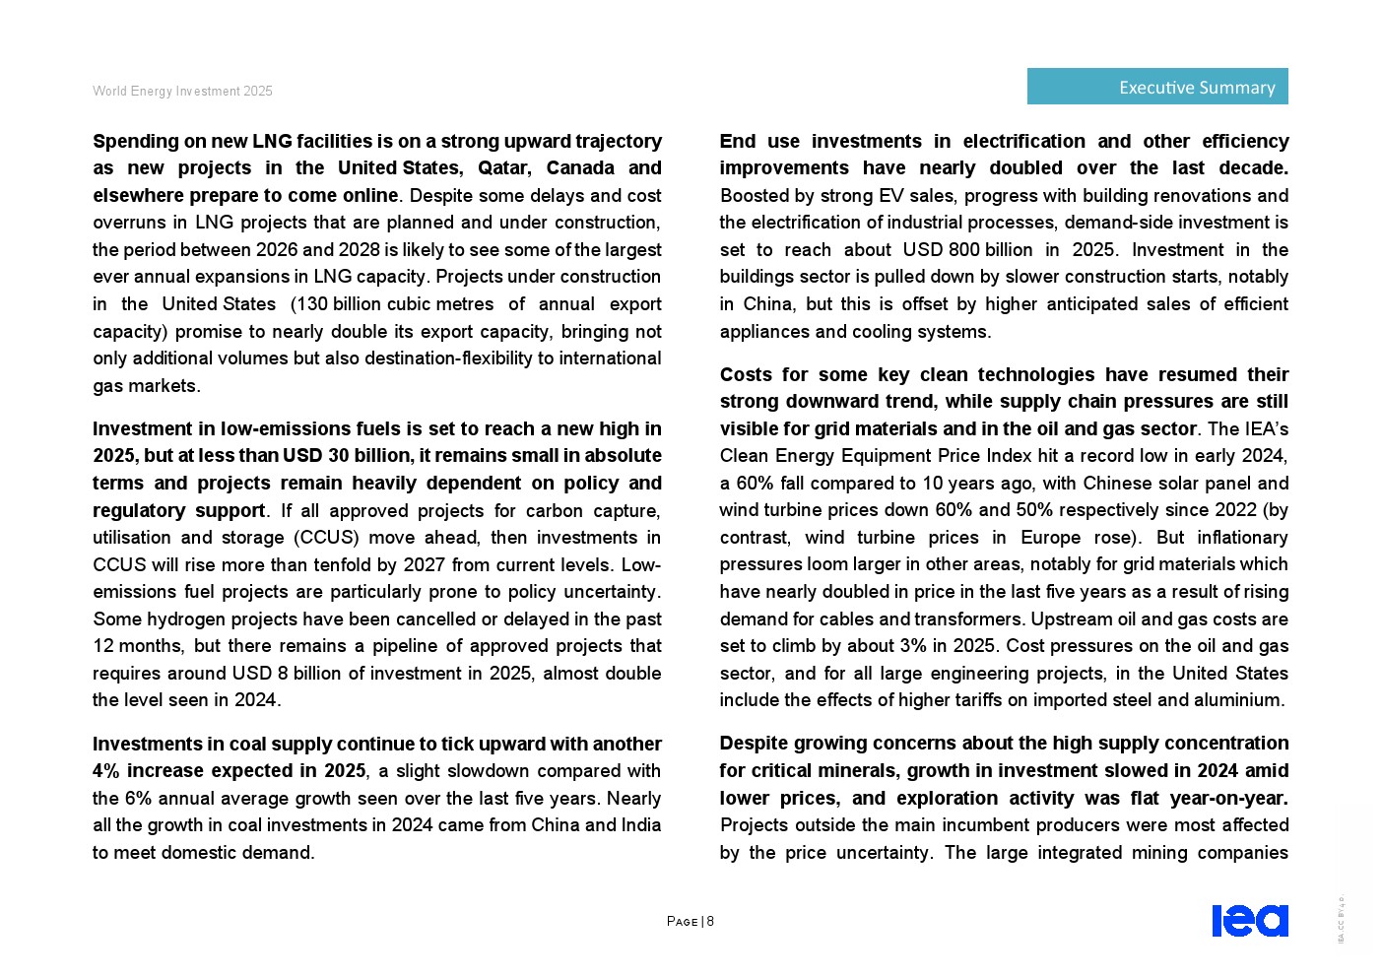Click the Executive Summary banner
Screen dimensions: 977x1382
[1156, 87]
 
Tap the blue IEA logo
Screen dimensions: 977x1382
[1249, 921]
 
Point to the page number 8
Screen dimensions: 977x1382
[710, 922]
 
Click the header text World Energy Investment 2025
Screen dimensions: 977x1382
[182, 91]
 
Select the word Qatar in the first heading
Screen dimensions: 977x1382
[503, 168]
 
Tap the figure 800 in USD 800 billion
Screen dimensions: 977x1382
[963, 250]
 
